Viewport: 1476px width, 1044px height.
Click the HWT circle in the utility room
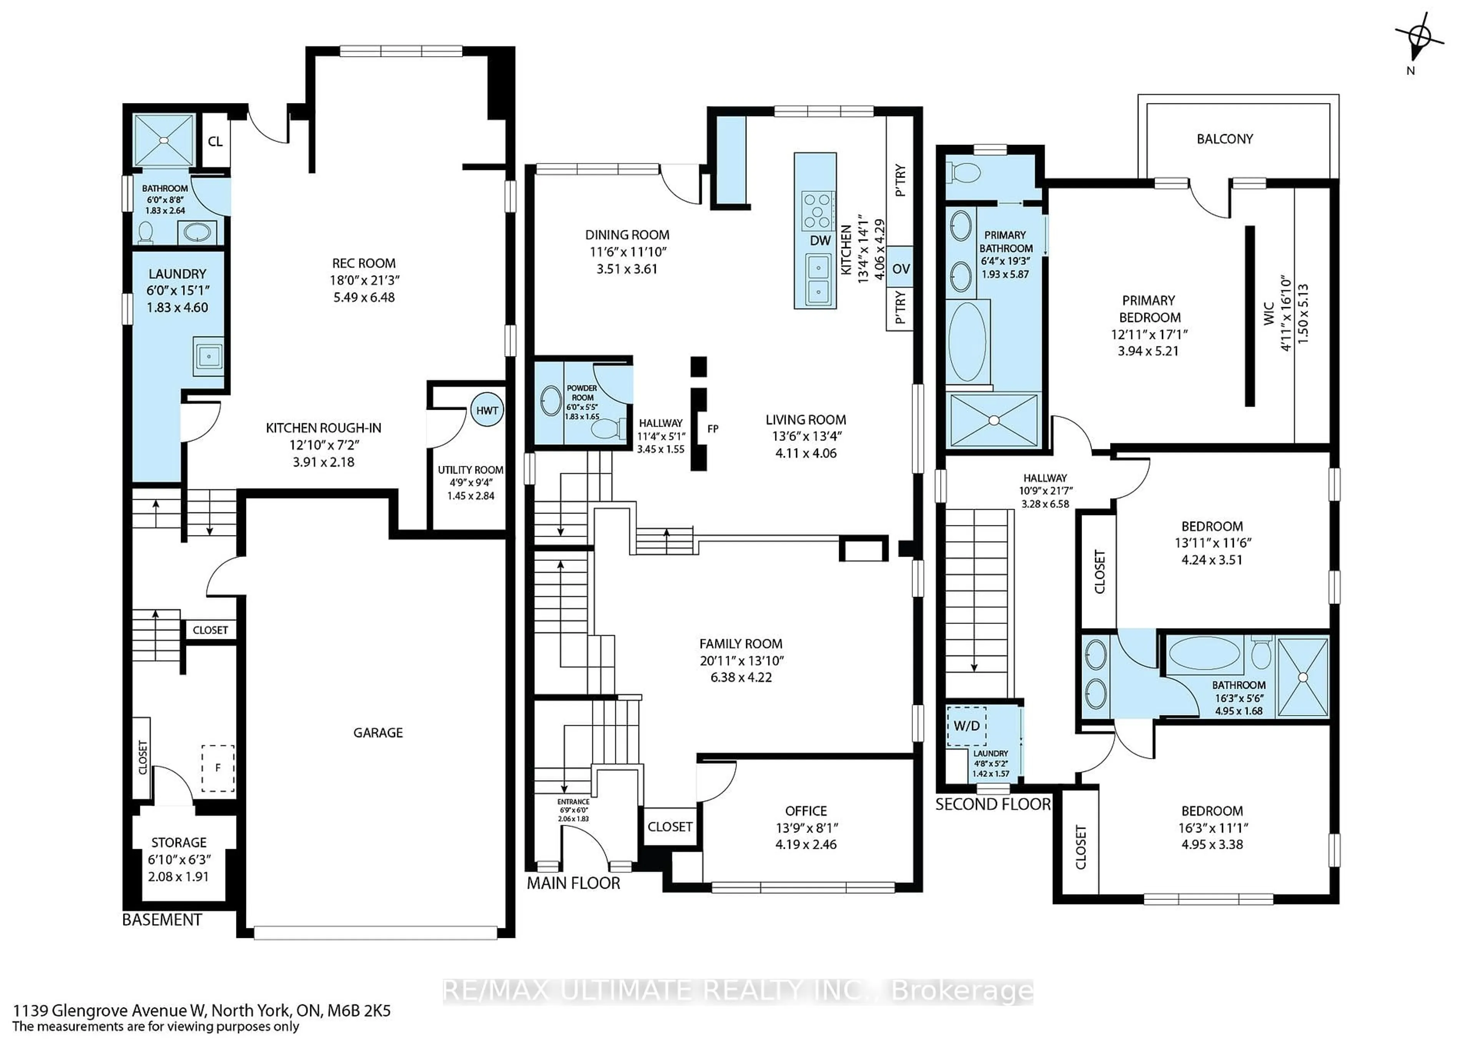(487, 410)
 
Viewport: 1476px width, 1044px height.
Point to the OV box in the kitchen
(901, 269)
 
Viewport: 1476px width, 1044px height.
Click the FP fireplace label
(712, 429)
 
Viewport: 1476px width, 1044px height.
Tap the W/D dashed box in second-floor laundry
(967, 726)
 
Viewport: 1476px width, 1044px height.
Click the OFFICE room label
(806, 811)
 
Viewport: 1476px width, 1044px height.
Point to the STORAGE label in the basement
(179, 842)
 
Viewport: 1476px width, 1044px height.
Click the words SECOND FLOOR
(992, 804)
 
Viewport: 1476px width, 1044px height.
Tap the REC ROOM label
(364, 263)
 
